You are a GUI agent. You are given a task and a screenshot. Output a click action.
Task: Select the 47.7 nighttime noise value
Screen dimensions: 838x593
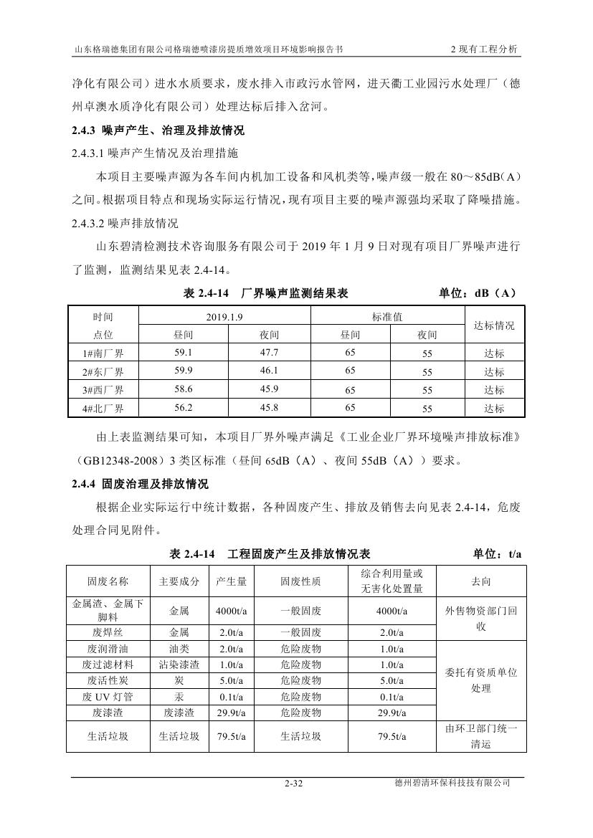(269, 352)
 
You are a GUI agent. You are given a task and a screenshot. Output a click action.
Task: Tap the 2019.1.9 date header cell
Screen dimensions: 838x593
(225, 316)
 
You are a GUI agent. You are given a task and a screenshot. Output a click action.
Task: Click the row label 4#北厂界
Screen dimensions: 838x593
(103, 409)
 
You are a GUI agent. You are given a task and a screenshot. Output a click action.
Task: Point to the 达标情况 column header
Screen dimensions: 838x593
(494, 325)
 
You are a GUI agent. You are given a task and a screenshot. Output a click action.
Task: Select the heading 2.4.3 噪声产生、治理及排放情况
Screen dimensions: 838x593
(158, 130)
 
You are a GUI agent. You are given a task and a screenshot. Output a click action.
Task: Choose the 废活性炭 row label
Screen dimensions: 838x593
(108, 680)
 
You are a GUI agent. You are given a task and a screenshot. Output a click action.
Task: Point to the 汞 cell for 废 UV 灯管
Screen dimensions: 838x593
(179, 697)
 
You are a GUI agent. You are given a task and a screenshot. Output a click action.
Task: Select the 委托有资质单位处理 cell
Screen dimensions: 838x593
(480, 680)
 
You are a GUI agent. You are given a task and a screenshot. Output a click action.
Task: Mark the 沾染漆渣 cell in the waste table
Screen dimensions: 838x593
(179, 665)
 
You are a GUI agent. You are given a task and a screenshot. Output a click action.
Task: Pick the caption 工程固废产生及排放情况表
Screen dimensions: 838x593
(298, 554)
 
